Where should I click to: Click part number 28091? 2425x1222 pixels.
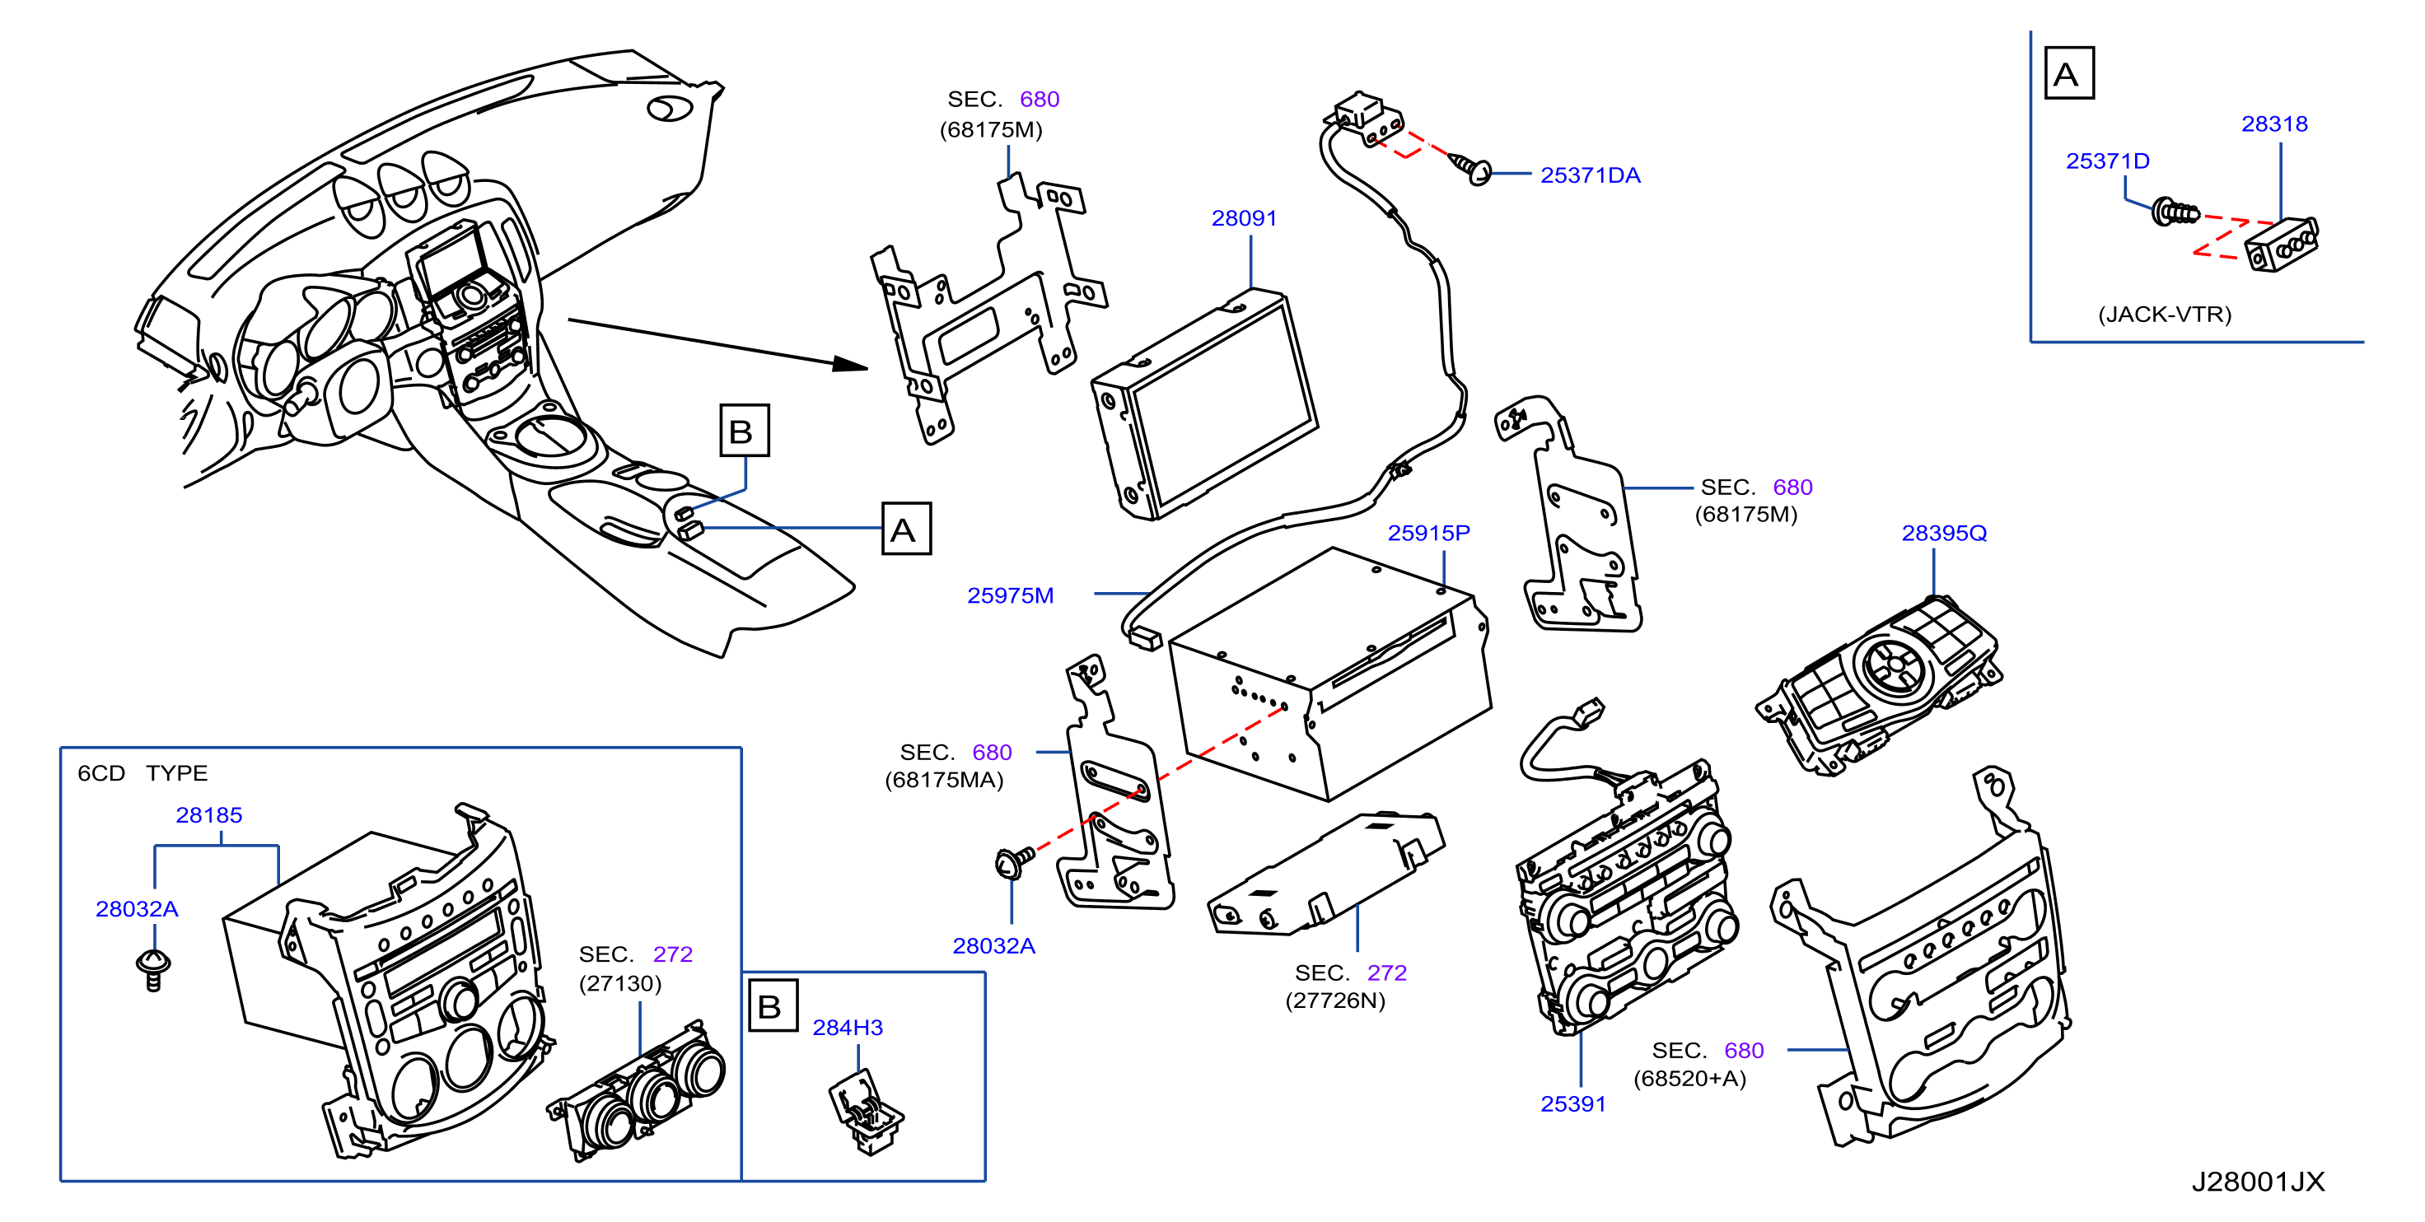point(1244,218)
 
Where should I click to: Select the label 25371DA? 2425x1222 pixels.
point(1590,175)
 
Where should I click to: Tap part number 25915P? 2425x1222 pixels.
point(1428,533)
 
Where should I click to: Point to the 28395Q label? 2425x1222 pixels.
point(1944,533)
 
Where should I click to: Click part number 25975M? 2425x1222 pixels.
point(1010,595)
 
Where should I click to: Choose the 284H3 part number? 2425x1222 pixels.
point(848,1027)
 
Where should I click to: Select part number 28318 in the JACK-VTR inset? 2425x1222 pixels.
point(2274,124)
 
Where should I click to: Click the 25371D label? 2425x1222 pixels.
point(2108,161)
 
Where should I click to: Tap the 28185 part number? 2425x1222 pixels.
point(209,815)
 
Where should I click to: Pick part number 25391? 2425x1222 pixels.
point(1573,1103)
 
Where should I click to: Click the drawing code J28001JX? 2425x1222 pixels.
point(2258,1182)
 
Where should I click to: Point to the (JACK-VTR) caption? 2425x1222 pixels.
point(2164,315)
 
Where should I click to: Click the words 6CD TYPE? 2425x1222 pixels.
point(143,773)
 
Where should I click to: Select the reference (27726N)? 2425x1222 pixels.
point(1335,1000)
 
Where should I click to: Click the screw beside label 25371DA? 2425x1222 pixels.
point(1470,169)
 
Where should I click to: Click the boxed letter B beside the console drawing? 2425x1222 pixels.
point(745,431)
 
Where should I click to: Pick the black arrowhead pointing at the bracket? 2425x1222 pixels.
point(851,363)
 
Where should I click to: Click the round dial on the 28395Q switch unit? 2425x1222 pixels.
point(1893,665)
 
